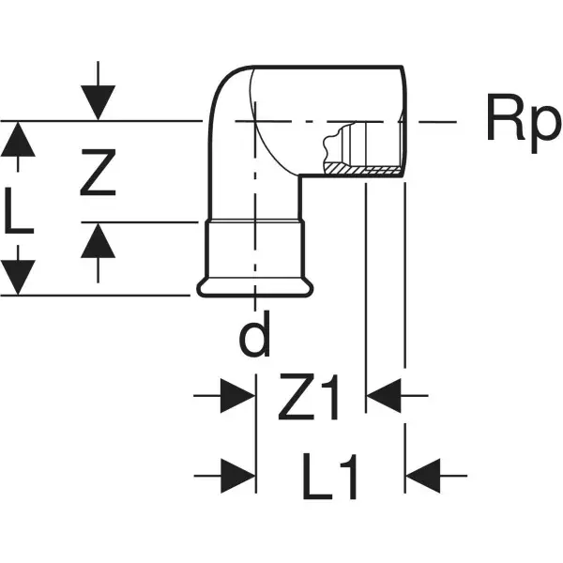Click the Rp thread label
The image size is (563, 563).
point(521,121)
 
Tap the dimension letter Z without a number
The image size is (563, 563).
point(98,173)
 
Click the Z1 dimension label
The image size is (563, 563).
point(310,398)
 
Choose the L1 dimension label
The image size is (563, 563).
point(330,477)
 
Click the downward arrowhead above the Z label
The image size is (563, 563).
point(98,101)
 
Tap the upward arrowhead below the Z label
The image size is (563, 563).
point(98,242)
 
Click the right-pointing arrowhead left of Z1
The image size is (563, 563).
point(238,397)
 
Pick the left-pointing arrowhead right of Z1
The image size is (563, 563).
point(384,397)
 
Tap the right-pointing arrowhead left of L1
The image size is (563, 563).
point(238,473)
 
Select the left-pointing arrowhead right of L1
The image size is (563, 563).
point(423,473)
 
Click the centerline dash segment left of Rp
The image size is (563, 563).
point(437,121)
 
